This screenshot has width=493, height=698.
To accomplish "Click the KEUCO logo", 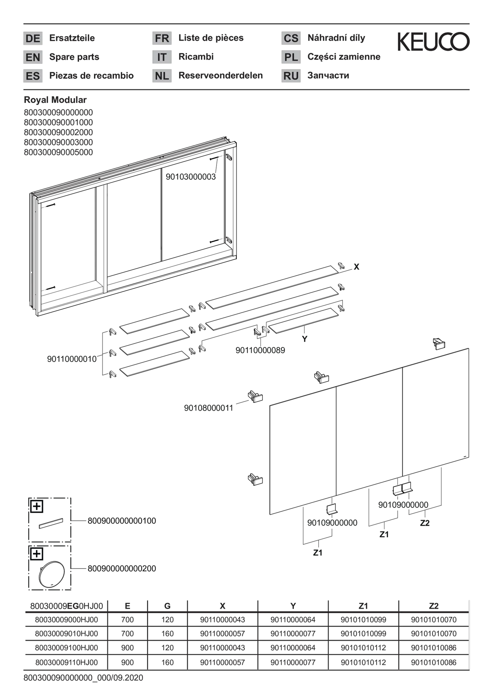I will click(x=433, y=41).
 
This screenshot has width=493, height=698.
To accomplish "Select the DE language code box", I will click(x=33, y=38).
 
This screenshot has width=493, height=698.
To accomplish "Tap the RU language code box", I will click(x=291, y=76).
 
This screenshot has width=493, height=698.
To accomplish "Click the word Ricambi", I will click(x=196, y=57).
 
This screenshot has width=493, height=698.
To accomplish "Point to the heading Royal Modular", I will click(x=55, y=100).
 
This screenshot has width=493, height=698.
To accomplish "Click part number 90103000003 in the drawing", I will click(x=191, y=177).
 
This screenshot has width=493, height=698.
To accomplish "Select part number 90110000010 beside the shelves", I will click(x=72, y=359).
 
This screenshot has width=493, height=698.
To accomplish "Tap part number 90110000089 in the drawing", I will click(x=260, y=350).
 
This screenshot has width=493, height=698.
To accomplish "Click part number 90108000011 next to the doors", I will click(x=209, y=408).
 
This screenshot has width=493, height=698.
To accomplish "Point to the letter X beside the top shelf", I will click(x=356, y=267).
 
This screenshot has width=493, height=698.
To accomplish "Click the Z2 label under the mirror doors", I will click(x=425, y=523).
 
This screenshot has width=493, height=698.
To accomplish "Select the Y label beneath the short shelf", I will click(x=305, y=339).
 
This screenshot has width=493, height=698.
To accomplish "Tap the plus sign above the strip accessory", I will click(x=36, y=506).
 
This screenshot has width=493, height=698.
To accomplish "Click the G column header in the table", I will click(x=167, y=606).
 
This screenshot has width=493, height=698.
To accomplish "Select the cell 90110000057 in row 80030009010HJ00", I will click(x=222, y=634).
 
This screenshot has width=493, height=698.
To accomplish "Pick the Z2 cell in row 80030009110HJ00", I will click(x=433, y=663).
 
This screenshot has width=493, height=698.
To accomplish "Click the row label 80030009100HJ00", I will click(x=66, y=648).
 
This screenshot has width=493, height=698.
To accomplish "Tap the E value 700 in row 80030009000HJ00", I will click(x=127, y=620).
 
